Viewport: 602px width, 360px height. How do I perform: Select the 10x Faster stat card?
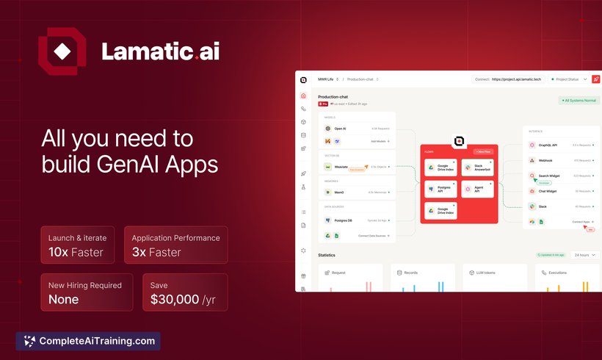click(x=77, y=245)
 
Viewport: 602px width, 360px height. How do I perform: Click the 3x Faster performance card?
click(x=176, y=245)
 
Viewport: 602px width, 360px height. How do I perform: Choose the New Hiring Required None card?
click(x=87, y=292)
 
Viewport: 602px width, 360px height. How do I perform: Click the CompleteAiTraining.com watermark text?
click(x=96, y=341)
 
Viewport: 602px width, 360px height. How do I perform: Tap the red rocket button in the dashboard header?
click(x=595, y=79)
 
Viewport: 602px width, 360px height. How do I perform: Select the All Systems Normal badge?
click(x=579, y=100)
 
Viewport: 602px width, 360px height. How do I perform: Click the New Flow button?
click(x=482, y=151)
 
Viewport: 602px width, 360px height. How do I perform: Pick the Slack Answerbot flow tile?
click(x=476, y=168)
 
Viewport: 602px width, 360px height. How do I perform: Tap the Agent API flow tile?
click(x=476, y=190)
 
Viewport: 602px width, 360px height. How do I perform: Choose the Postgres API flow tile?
click(x=440, y=190)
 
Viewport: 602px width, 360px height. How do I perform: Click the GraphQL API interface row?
click(x=558, y=145)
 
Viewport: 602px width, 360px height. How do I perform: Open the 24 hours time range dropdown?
click(x=584, y=255)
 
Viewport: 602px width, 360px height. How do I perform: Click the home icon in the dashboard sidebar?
click(x=303, y=96)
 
